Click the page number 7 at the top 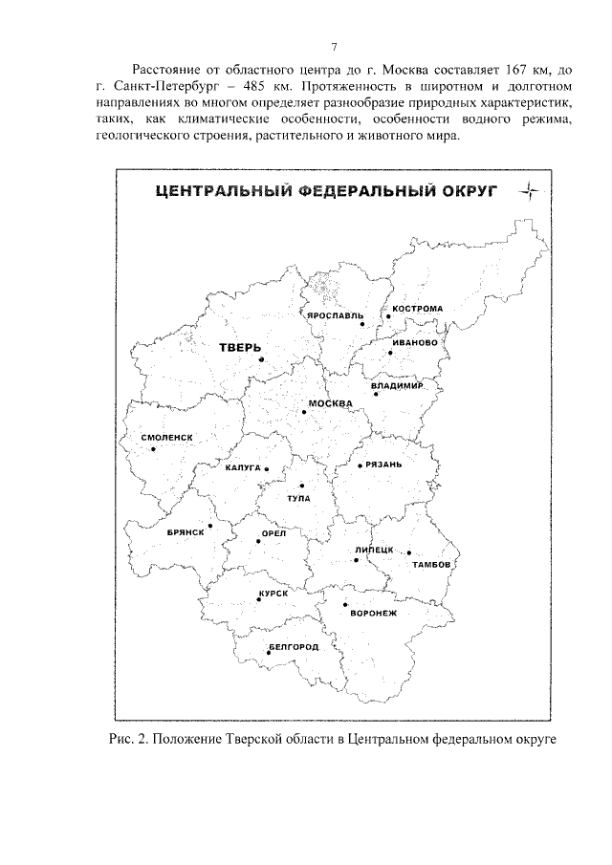click(334, 47)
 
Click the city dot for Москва click(304, 412)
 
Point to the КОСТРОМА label click(417, 309)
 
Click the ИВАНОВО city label click(414, 342)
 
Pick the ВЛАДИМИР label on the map click(396, 386)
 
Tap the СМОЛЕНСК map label click(167, 437)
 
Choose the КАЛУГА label click(243, 468)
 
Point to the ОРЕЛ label click(274, 534)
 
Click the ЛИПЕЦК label click(374, 550)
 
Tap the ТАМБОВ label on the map click(429, 565)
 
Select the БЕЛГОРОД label click(293, 646)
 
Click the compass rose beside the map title click(530, 194)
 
